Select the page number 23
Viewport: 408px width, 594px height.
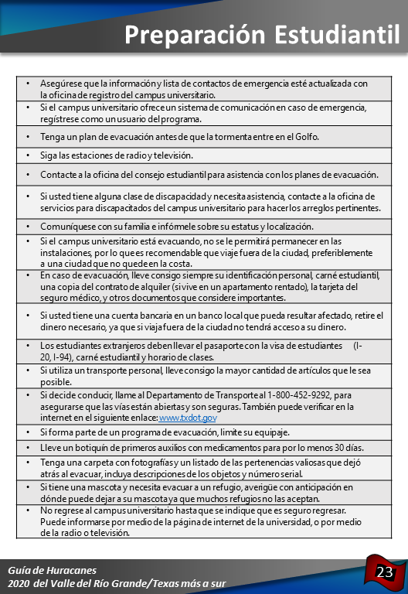[385, 572]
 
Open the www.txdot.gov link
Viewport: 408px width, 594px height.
[188, 418]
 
